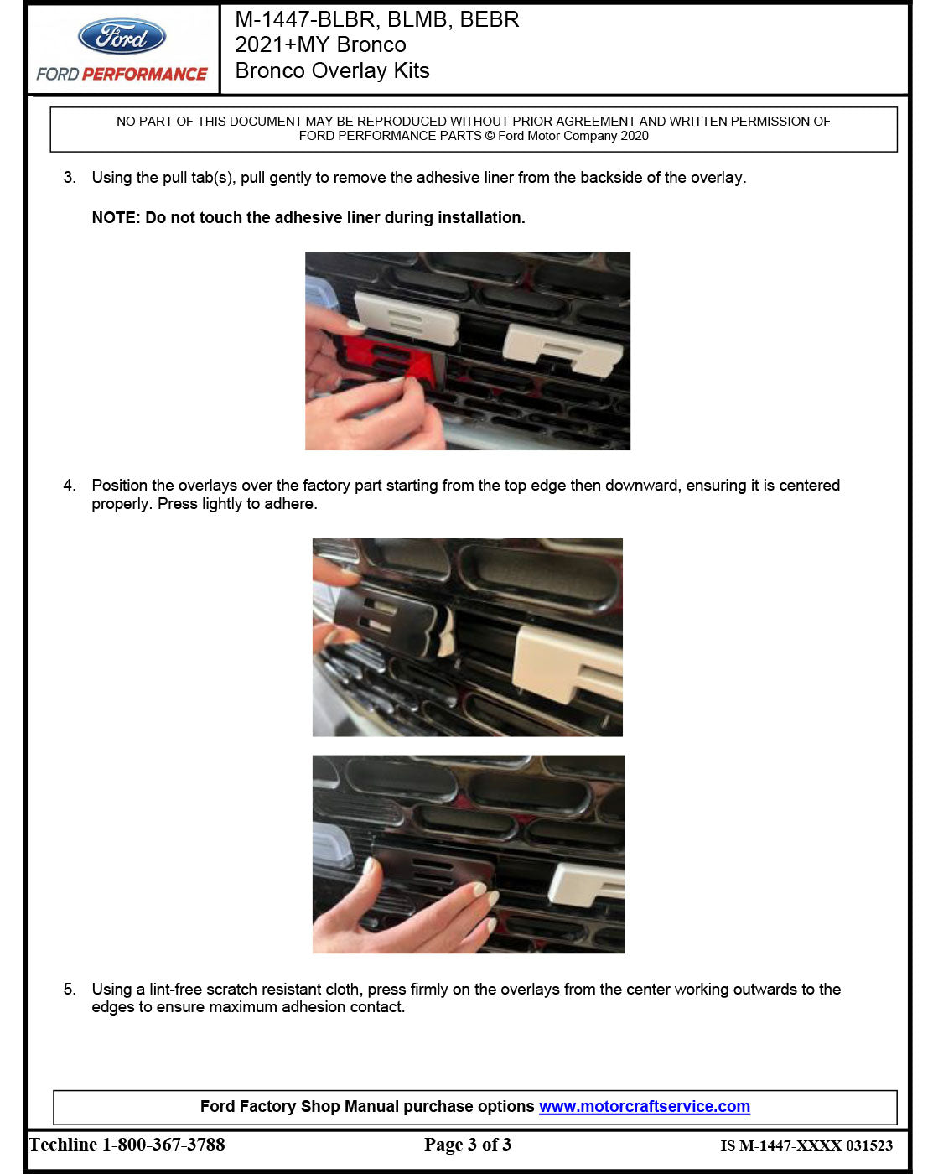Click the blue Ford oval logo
pyautogui.click(x=122, y=37)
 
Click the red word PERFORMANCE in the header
pyautogui.click(x=144, y=74)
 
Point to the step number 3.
pyautogui.click(x=70, y=177)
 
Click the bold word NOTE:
pyautogui.click(x=116, y=218)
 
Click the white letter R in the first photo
pyautogui.click(x=562, y=348)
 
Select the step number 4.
pyautogui.click(x=70, y=485)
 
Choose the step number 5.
pyautogui.click(x=70, y=989)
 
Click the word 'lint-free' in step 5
pyautogui.click(x=175, y=989)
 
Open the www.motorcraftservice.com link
pyautogui.click(x=644, y=1106)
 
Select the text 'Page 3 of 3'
pyautogui.click(x=467, y=1144)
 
